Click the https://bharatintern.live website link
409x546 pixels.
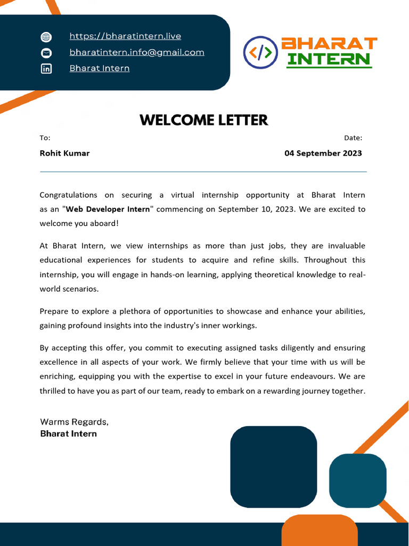125,36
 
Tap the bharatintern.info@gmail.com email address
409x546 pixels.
137,52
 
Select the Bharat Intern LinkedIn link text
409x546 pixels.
100,68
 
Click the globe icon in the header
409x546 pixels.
46,37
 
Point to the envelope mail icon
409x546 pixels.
46,53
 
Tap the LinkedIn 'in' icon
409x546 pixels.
46,69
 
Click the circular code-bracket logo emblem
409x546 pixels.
260,52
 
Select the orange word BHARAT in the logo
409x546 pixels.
329,44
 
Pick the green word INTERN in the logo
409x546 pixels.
329,59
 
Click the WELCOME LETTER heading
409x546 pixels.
204,120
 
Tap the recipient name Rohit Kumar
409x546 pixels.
64,154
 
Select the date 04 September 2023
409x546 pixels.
323,154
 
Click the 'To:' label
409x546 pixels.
45,138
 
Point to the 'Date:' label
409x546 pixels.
353,138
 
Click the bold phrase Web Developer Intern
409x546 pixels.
108,210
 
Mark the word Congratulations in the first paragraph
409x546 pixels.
68,195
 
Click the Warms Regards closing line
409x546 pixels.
75,422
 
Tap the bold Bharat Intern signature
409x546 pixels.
69,434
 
